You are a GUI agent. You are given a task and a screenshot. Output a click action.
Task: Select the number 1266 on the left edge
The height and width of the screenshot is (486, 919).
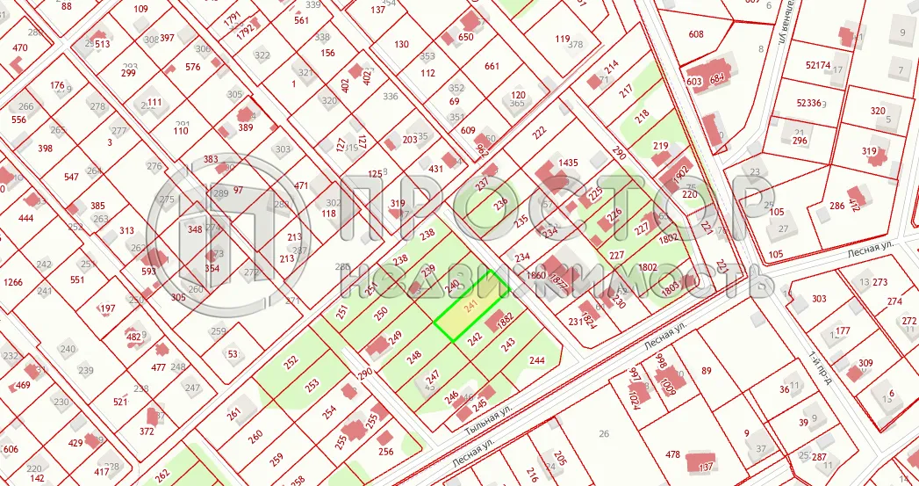12,282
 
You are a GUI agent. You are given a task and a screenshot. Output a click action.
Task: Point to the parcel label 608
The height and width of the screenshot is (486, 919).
696,34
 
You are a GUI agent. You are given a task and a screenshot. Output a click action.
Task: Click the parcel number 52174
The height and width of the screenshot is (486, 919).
817,65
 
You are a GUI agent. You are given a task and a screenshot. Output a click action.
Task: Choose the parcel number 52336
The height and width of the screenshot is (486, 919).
808,103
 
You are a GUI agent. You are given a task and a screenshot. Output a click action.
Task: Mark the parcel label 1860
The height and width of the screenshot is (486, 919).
535,275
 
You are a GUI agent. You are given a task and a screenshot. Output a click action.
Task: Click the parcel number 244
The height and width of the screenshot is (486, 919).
537,360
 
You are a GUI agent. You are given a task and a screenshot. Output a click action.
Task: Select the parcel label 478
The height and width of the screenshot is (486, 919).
672,454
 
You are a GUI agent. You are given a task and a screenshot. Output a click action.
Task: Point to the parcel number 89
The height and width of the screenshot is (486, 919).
705,371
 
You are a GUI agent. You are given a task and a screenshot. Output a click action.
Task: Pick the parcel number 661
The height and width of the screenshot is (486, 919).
492,66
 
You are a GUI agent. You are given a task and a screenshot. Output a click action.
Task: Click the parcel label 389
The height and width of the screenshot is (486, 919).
246,127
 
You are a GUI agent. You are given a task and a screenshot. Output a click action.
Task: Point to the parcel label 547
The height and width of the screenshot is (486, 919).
72,177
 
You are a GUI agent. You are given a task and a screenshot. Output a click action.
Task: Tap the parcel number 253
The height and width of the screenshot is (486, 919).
311,385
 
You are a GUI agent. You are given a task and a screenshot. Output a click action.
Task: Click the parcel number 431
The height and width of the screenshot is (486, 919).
435,168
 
